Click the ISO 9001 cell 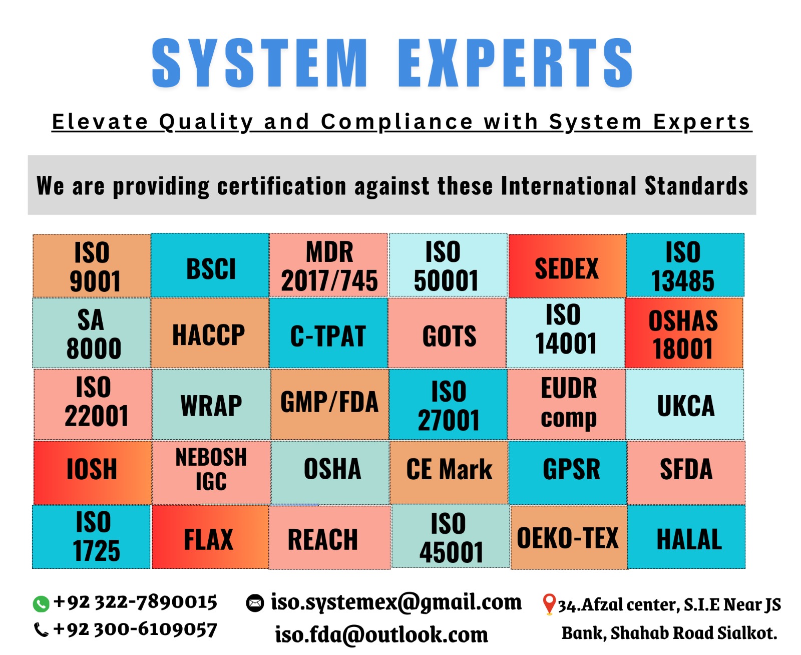tap(92, 265)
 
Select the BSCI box tap(210, 265)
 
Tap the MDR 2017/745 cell tap(328, 264)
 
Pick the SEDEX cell tap(567, 265)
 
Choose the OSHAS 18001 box tap(684, 333)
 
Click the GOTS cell tap(447, 333)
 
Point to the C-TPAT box tap(328, 333)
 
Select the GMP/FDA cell tap(330, 404)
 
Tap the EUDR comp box tap(566, 404)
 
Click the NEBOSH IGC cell tap(211, 472)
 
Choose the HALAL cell tap(686, 536)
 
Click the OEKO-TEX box tap(569, 537)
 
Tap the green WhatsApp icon tap(41, 604)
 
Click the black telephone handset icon tap(41, 630)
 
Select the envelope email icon tap(255, 603)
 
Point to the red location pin tap(549, 604)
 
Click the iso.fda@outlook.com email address tap(381, 634)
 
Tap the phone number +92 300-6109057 tap(135, 629)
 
